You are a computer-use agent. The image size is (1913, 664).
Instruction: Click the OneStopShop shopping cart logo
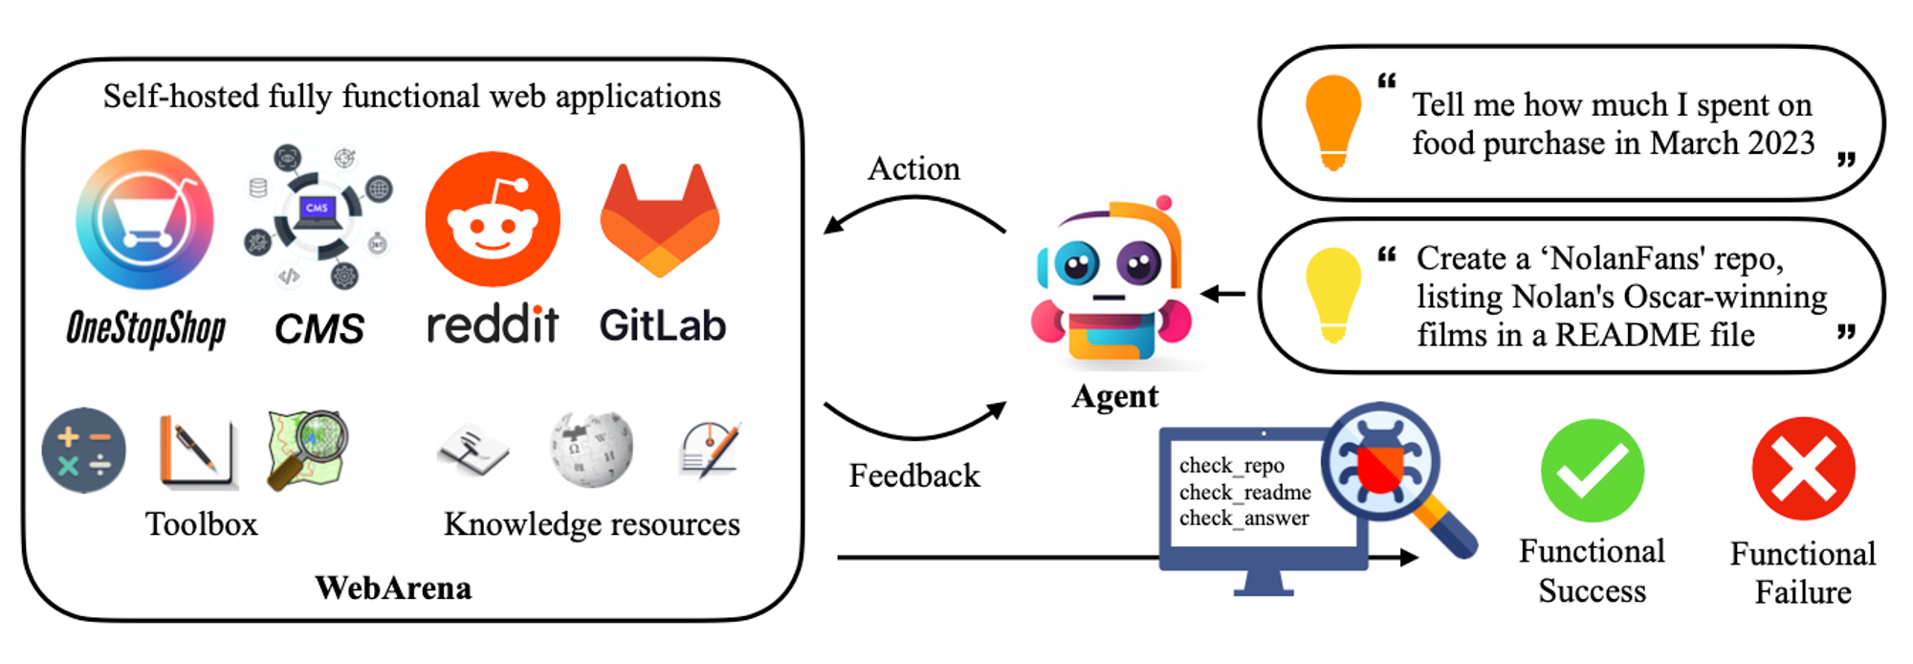(x=145, y=219)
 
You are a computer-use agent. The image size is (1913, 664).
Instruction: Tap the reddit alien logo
(x=493, y=219)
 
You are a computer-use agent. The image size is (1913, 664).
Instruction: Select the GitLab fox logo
(x=660, y=221)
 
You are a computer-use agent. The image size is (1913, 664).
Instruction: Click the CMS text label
(x=319, y=329)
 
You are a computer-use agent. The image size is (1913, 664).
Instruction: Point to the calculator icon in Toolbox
(x=84, y=450)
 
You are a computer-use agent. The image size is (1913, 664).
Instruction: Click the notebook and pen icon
(x=198, y=451)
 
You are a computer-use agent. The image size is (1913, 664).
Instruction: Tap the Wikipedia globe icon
(x=591, y=449)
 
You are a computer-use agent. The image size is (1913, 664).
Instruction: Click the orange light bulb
(x=1333, y=122)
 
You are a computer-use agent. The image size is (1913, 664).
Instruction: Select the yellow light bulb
(x=1333, y=295)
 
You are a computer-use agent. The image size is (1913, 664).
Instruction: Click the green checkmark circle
(x=1593, y=470)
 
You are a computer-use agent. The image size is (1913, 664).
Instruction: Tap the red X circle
(x=1803, y=469)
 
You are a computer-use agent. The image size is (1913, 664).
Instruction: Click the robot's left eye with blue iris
(x=1077, y=263)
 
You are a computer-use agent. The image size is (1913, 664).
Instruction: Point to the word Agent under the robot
(x=1115, y=396)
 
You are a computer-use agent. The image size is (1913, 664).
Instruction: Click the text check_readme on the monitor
(x=1245, y=492)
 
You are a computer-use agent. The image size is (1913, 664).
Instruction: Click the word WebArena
(x=393, y=587)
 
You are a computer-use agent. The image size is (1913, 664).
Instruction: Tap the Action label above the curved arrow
(x=913, y=168)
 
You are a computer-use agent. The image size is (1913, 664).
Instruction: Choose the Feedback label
(x=914, y=476)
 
